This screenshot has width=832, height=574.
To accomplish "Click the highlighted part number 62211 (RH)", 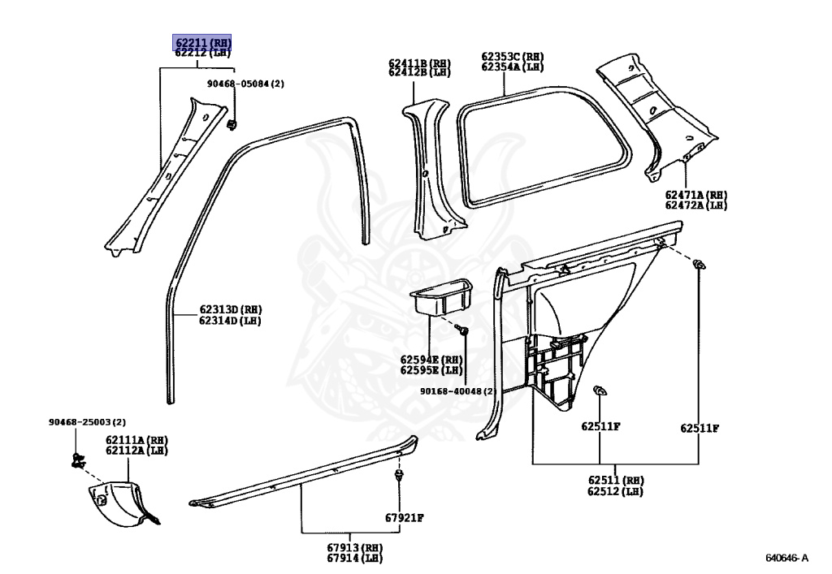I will pyautogui.click(x=201, y=42).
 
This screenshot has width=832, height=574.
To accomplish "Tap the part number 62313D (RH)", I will pyautogui.click(x=231, y=309).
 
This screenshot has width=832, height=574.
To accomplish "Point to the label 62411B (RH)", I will pyautogui.click(x=419, y=63).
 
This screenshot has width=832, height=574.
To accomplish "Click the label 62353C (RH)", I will pyautogui.click(x=512, y=57).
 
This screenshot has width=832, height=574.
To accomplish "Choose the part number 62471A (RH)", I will pyautogui.click(x=695, y=195).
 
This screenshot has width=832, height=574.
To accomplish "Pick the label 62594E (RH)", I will pyautogui.click(x=431, y=360).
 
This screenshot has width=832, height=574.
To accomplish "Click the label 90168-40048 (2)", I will pyautogui.click(x=457, y=391).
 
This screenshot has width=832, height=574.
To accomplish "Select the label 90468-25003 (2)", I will pyautogui.click(x=87, y=422).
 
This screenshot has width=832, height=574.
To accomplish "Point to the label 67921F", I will pyautogui.click(x=405, y=517).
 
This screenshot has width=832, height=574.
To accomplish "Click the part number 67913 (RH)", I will pyautogui.click(x=354, y=547).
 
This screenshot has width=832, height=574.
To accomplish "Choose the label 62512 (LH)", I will pyautogui.click(x=616, y=491).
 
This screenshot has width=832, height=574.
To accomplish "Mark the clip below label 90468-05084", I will pyautogui.click(x=232, y=124).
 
